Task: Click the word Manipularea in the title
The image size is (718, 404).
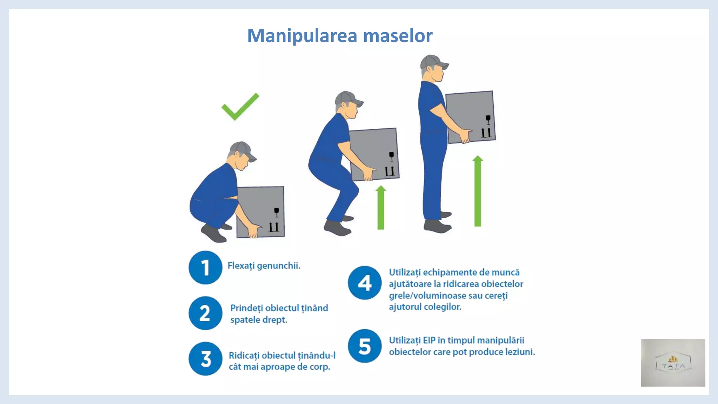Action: (x=302, y=36)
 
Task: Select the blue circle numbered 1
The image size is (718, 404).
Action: (x=205, y=268)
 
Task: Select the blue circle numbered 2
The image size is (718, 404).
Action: (x=205, y=313)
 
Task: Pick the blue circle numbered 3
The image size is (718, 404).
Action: (x=205, y=359)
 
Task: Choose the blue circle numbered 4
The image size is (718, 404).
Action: (x=365, y=283)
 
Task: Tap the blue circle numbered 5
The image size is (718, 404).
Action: (x=365, y=346)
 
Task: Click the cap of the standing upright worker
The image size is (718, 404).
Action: (x=433, y=62)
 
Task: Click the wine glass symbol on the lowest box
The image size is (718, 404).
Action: (x=276, y=212)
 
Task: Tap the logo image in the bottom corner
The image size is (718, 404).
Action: (x=673, y=363)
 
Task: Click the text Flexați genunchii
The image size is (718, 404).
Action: (x=264, y=266)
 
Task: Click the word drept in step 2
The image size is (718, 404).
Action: (x=275, y=320)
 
